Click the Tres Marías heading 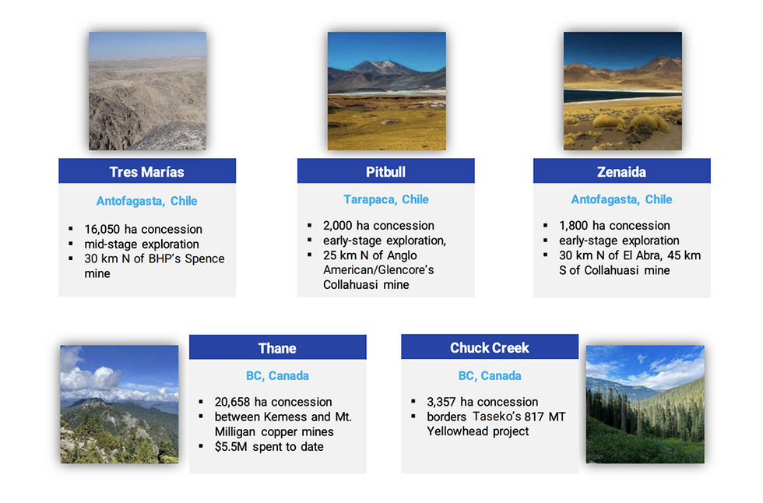pyautogui.click(x=146, y=172)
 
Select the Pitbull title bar pyautogui.click(x=386, y=171)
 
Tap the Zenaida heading pyautogui.click(x=621, y=172)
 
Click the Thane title pyautogui.click(x=277, y=348)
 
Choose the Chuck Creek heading pyautogui.click(x=490, y=348)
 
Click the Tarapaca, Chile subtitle pyautogui.click(x=386, y=199)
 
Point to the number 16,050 pyautogui.click(x=102, y=229)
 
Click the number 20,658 pyautogui.click(x=232, y=402)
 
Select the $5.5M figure pyautogui.click(x=230, y=447)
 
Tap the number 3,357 pyautogui.click(x=441, y=402)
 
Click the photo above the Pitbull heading pyautogui.click(x=386, y=91)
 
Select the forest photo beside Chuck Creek pyautogui.click(x=645, y=404)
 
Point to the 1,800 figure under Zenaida pyautogui.click(x=574, y=226)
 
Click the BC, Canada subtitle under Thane pyautogui.click(x=277, y=375)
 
